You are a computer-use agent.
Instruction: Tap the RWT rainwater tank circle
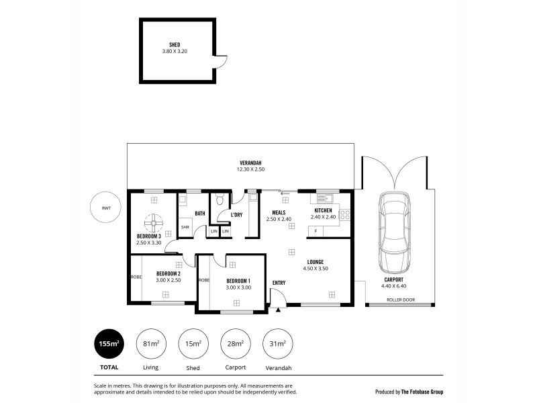107,208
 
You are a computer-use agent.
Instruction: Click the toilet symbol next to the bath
219,199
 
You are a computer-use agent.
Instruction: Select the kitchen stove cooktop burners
345,215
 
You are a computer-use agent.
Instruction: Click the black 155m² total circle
109,344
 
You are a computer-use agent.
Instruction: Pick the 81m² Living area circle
151,344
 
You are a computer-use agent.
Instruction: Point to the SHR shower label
184,227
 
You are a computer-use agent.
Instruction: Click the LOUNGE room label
315,262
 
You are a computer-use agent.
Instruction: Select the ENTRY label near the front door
279,283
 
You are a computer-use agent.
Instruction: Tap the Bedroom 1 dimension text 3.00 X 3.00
238,287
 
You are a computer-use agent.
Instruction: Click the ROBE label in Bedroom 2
136,276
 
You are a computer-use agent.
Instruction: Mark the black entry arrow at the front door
278,310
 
